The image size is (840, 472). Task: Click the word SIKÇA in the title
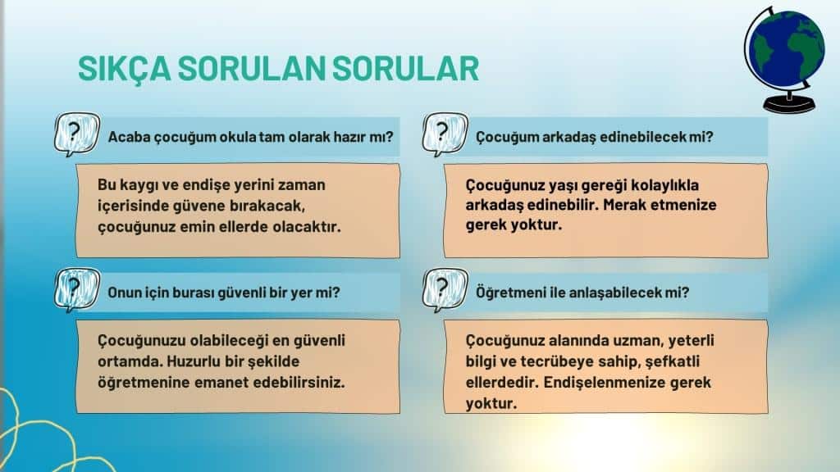point(125,69)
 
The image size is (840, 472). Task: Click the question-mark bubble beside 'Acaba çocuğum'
point(76,134)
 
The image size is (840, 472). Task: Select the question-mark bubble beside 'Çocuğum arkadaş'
point(445,134)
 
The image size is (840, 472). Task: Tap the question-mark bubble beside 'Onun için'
point(76,289)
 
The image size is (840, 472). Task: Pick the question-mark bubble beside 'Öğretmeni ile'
point(445,289)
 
